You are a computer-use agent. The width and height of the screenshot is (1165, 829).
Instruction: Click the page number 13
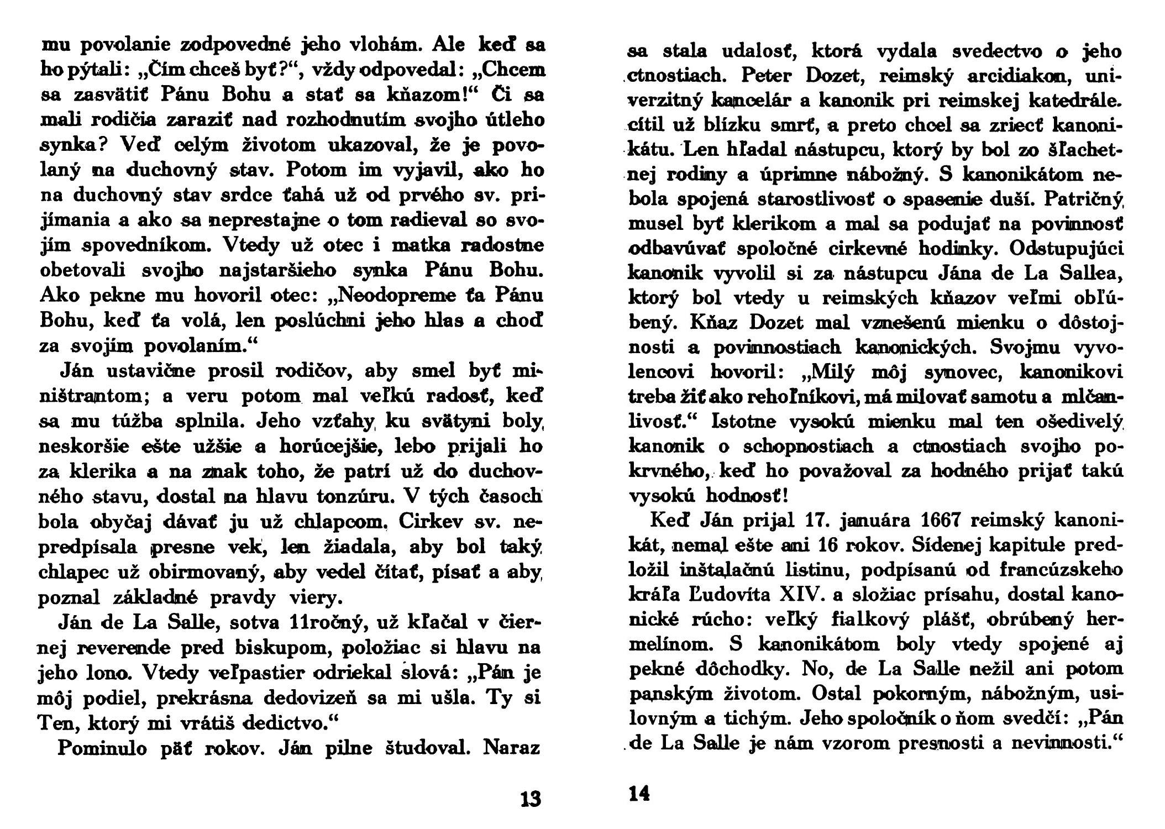[x=531, y=799]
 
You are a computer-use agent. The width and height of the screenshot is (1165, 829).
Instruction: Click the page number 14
[x=639, y=794]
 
